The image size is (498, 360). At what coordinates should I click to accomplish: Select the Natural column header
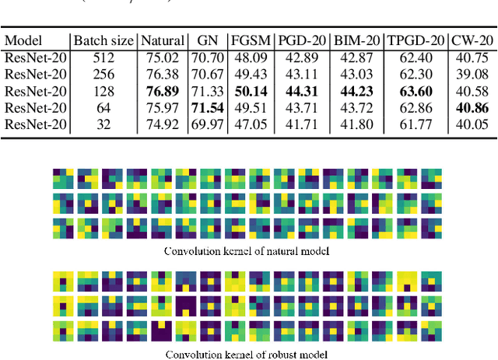pyautogui.click(x=163, y=40)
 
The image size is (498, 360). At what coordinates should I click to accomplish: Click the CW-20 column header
pyautogui.click(x=474, y=40)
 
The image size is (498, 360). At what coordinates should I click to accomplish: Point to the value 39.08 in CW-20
pyautogui.click(x=474, y=75)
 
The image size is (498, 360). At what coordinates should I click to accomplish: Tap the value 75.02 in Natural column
pyautogui.click(x=163, y=58)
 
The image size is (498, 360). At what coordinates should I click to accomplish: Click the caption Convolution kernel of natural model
pyautogui.click(x=247, y=251)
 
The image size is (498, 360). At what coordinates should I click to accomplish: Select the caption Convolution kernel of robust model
pyautogui.click(x=247, y=353)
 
